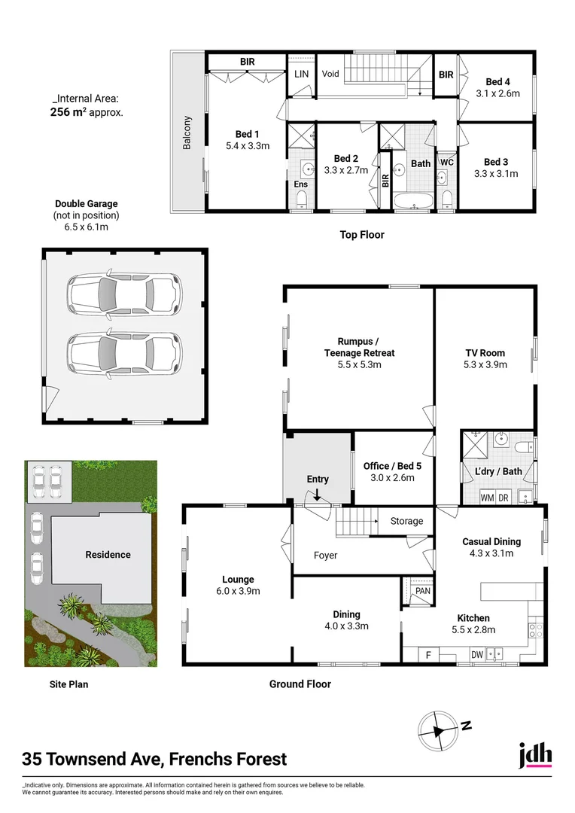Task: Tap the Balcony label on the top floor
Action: pos(187,132)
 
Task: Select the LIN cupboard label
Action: pos(301,74)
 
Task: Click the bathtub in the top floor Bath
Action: pos(412,200)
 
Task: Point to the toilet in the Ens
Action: pos(301,199)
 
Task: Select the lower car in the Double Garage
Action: pos(124,352)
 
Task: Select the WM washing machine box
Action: pos(487,498)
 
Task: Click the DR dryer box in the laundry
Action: pos(504,498)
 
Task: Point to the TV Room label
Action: pos(485,352)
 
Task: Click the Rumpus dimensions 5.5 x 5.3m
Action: pos(359,364)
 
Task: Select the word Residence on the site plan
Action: pos(108,555)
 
